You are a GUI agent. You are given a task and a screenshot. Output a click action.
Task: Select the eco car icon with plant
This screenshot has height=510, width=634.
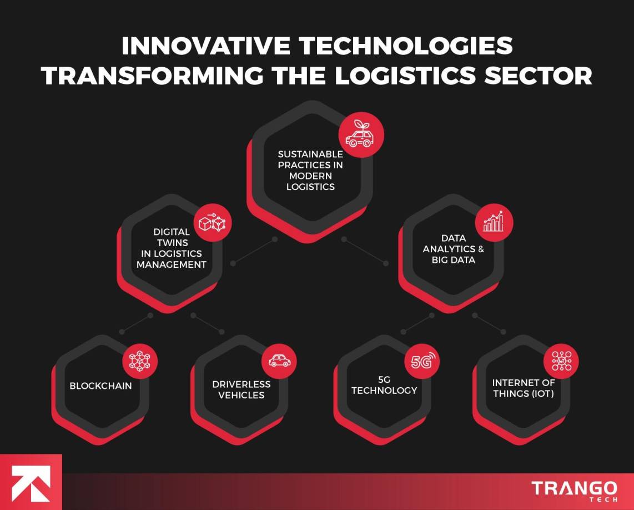tap(361, 135)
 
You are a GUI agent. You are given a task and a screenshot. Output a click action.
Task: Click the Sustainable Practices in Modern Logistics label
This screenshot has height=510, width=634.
tap(310, 170)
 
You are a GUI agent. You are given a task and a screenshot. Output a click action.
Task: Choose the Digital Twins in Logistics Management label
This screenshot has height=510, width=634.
tap(172, 248)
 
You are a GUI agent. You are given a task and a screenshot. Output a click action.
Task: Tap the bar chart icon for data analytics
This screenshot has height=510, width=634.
tap(494, 222)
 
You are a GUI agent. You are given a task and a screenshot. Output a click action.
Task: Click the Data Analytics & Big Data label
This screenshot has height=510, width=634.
tap(453, 249)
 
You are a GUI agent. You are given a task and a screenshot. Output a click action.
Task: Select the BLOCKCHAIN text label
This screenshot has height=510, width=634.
tap(100, 386)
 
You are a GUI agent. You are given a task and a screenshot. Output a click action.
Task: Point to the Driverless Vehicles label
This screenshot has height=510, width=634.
tap(241, 389)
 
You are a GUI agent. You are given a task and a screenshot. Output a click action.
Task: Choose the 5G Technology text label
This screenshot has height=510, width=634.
tap(384, 385)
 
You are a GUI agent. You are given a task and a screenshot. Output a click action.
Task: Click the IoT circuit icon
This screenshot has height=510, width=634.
tap(561, 361)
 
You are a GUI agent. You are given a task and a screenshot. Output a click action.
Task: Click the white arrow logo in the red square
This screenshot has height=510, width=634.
tap(31, 482)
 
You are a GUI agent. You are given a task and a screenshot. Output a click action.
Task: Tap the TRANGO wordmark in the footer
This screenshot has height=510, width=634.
tap(574, 488)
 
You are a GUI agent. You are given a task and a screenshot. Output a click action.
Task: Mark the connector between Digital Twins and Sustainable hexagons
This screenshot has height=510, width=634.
tap(254, 252)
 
